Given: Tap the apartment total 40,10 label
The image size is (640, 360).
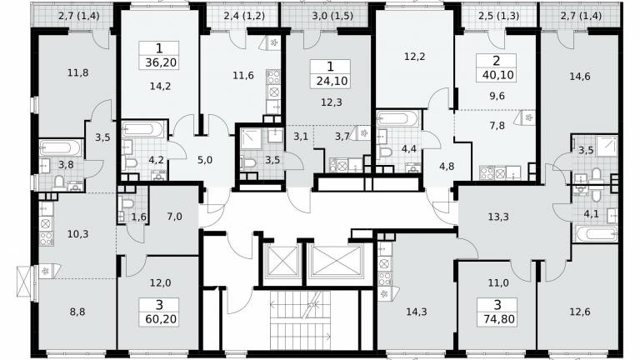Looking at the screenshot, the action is pyautogui.click(x=497, y=75).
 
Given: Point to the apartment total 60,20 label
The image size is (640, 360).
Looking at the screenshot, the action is pyautogui.click(x=160, y=318).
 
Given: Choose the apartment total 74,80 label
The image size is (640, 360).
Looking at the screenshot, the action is pyautogui.click(x=497, y=318).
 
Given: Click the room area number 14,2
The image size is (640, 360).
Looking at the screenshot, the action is pyautogui.click(x=160, y=86).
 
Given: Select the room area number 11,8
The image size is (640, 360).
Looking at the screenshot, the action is pyautogui.click(x=78, y=73).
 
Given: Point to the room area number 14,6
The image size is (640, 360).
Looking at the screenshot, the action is pyautogui.click(x=580, y=77).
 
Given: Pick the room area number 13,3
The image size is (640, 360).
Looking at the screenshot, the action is pyautogui.click(x=498, y=217).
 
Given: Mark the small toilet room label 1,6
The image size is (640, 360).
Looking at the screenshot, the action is pyautogui.click(x=139, y=217).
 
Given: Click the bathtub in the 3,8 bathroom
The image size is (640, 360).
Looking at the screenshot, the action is pyautogui.click(x=61, y=147).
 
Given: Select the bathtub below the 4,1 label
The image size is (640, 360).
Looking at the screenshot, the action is pyautogui.click(x=597, y=235).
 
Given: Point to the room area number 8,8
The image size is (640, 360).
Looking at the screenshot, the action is pyautogui.click(x=77, y=312).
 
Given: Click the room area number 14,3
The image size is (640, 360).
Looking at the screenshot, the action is pyautogui.click(x=417, y=312).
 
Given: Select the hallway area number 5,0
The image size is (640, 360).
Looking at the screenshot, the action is pyautogui.click(x=204, y=160).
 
